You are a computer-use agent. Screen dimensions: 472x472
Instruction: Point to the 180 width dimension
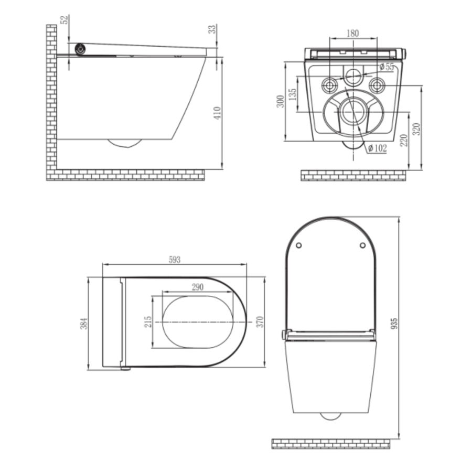[x=353, y=33]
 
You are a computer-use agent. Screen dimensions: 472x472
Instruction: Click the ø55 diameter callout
[x=386, y=67]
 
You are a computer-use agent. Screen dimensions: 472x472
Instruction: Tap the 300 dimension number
[x=281, y=101]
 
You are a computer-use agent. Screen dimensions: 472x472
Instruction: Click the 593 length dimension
[x=174, y=260]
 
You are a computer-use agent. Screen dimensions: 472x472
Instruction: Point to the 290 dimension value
[x=197, y=287]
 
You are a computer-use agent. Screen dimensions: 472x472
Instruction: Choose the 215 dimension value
[x=148, y=321]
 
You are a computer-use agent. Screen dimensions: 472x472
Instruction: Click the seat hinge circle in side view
[x=80, y=50]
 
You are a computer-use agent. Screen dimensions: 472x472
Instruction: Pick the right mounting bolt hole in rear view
[x=376, y=84]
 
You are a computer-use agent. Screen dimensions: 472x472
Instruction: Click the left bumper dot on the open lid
[x=298, y=245]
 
